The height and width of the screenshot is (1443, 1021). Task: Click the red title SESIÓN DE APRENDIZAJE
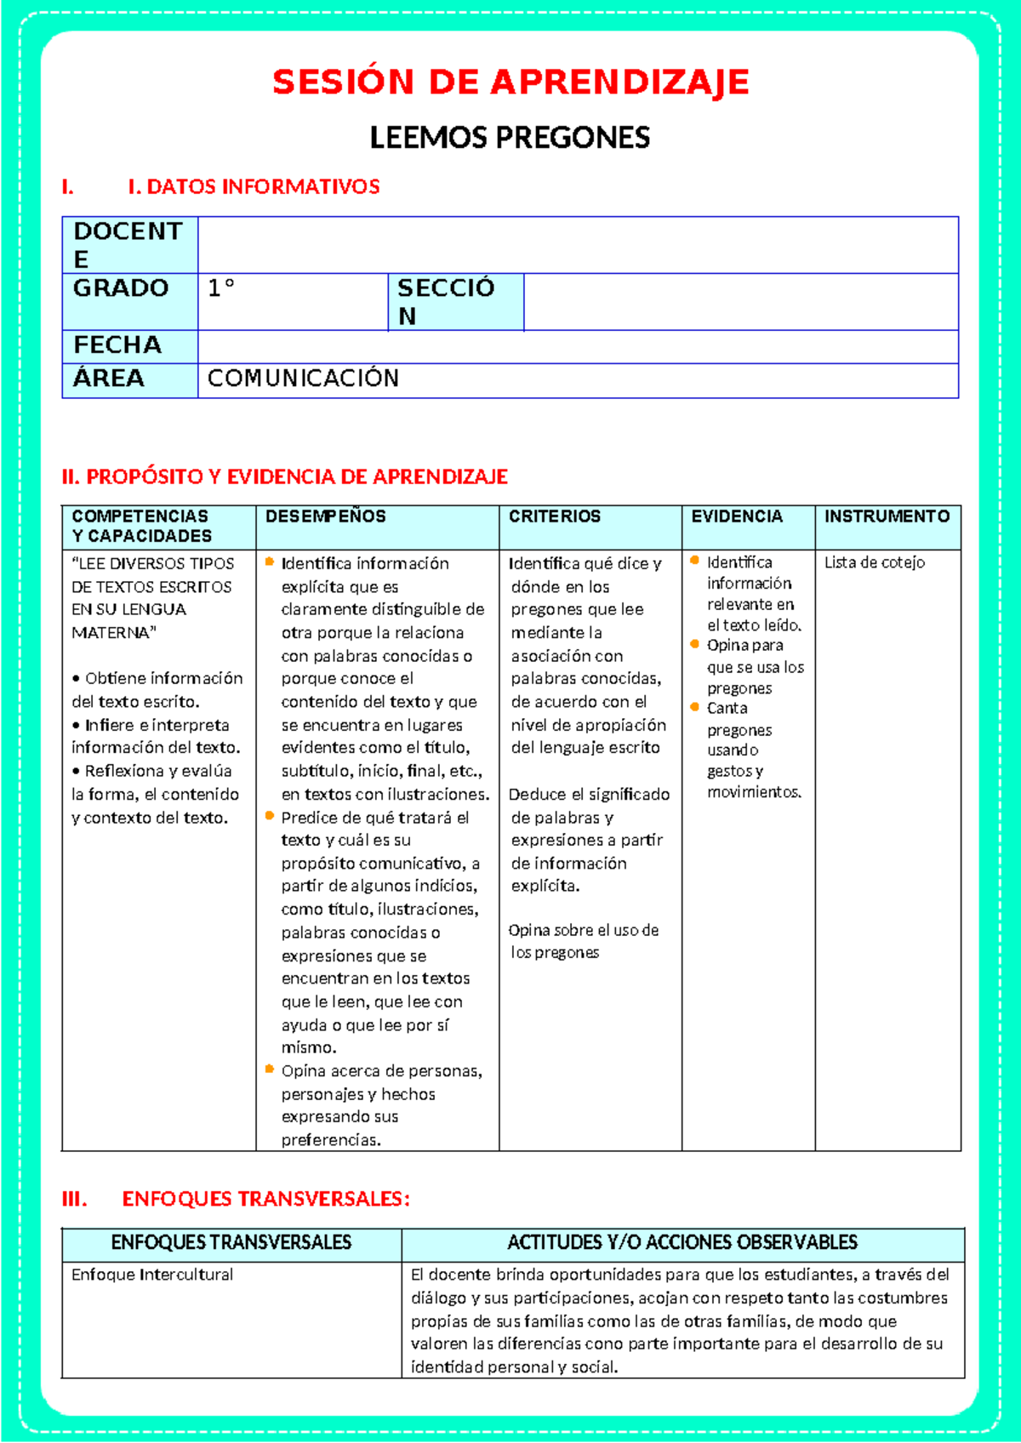click(510, 83)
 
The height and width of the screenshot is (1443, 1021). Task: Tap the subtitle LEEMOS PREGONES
click(510, 138)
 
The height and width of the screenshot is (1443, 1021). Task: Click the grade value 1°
click(221, 288)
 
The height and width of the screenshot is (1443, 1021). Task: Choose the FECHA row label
click(117, 345)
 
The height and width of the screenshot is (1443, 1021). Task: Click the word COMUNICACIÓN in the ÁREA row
click(303, 379)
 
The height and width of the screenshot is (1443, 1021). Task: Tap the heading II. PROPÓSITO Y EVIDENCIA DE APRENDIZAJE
click(285, 476)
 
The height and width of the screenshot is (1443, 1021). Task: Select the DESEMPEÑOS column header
click(326, 516)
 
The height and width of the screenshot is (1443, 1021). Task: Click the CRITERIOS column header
click(555, 516)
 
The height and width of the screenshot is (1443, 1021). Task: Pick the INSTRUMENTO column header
click(887, 516)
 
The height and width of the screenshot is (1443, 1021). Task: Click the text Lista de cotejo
click(874, 562)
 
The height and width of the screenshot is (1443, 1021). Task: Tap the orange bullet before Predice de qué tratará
click(270, 816)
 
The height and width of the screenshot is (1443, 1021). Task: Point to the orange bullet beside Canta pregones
click(695, 707)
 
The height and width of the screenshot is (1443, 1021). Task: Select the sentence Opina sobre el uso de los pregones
click(583, 942)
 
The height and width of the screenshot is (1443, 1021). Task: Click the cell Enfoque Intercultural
click(152, 1275)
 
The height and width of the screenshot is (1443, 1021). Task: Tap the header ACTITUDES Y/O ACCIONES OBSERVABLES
click(682, 1242)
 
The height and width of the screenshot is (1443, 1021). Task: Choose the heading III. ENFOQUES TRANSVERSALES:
click(237, 1199)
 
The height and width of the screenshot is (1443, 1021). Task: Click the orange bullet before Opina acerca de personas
click(270, 1069)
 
